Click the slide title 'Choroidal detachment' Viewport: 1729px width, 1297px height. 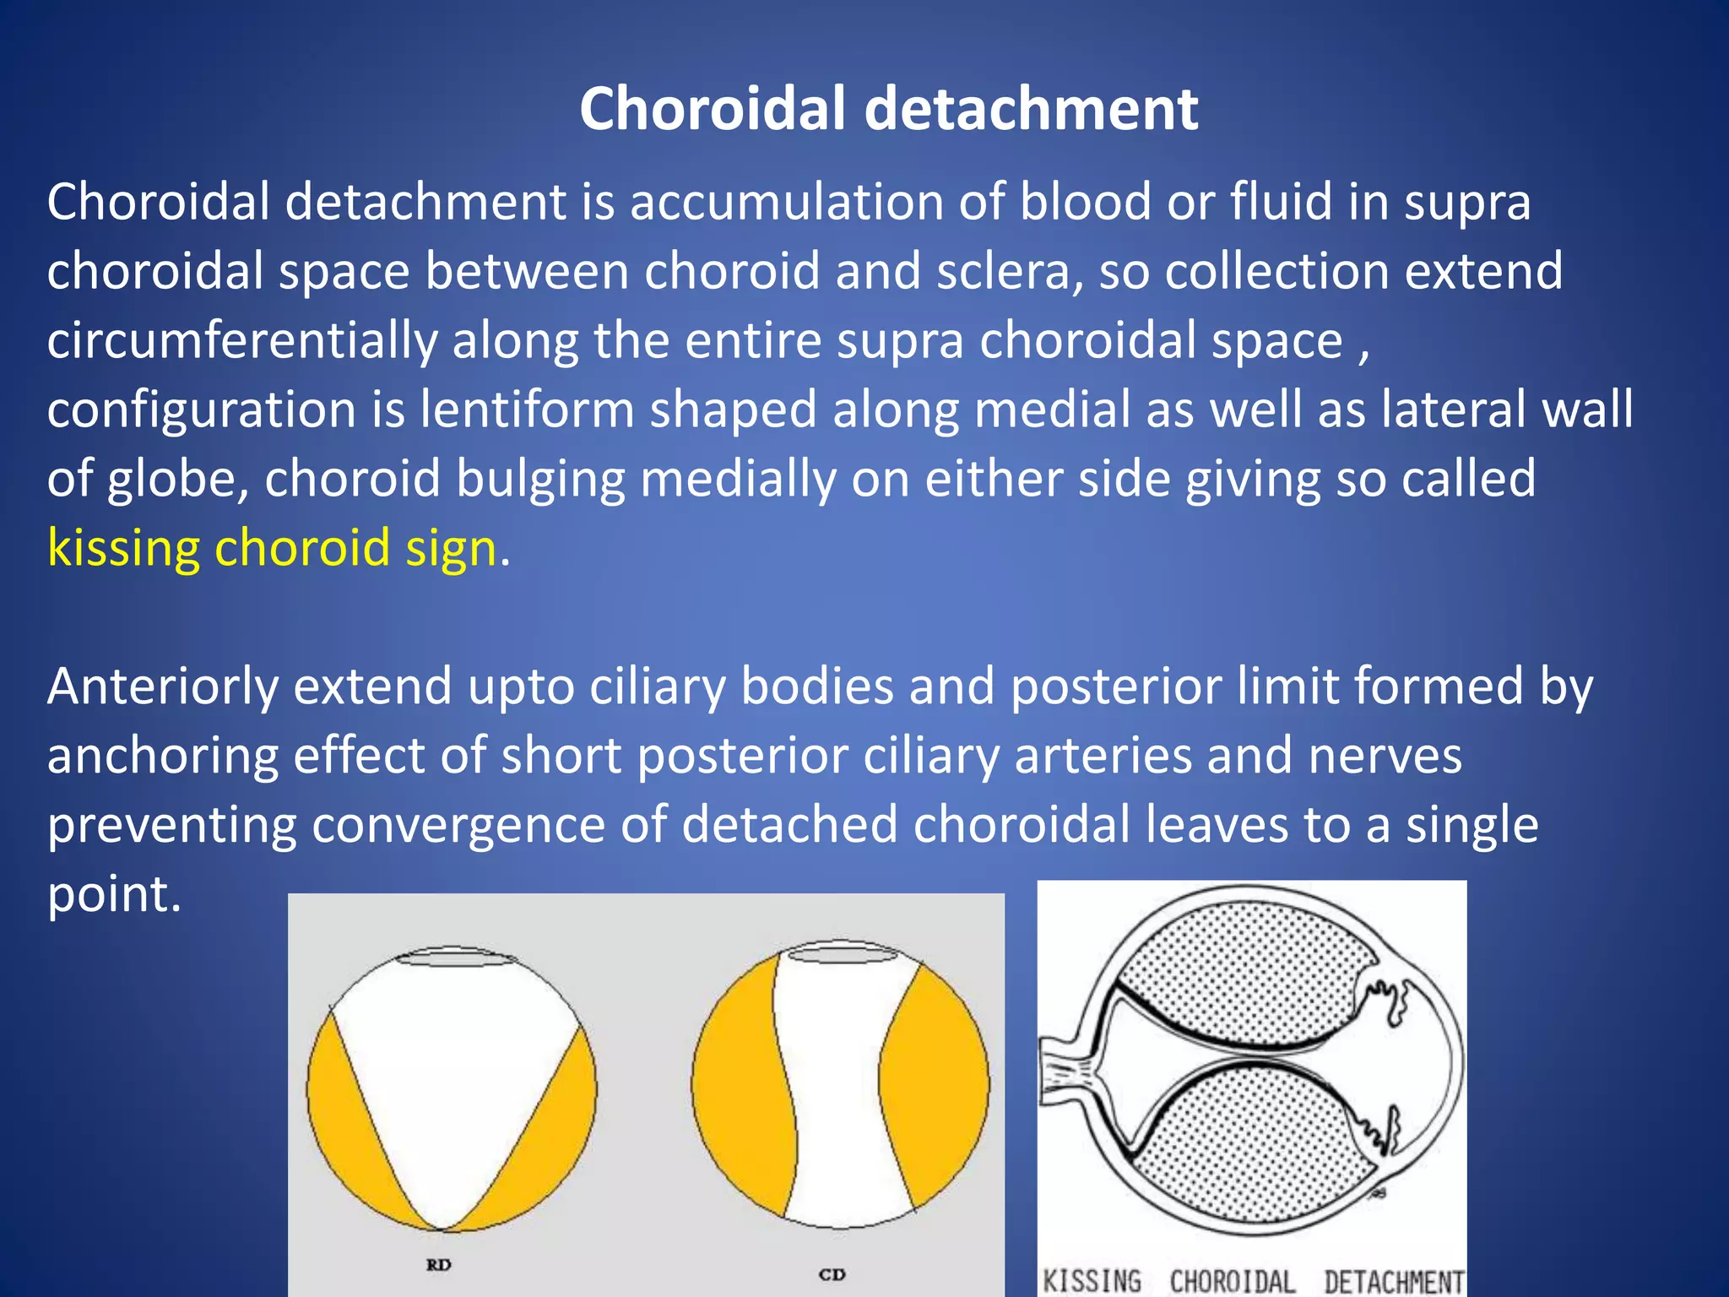tap(888, 110)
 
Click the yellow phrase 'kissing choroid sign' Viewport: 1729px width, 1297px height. tap(272, 548)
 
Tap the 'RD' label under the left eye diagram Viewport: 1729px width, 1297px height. tap(438, 1264)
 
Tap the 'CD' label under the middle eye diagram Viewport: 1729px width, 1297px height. tap(832, 1274)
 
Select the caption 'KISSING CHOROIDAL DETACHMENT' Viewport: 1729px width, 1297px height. tap(1253, 1281)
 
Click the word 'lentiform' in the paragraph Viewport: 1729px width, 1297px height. tap(527, 410)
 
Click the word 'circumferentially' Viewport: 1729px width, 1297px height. tap(242, 341)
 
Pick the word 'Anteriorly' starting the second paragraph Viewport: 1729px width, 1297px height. tap(162, 686)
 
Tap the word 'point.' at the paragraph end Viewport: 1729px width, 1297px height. tap(114, 894)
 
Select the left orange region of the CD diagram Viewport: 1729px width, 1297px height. tap(739, 1089)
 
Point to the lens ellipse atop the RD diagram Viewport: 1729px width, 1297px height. tap(457, 958)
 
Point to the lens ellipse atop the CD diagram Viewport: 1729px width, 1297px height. tap(843, 953)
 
